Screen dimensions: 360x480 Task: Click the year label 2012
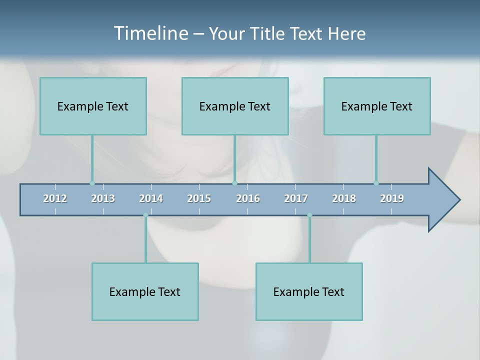click(55, 198)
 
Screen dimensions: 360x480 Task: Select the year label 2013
click(103, 198)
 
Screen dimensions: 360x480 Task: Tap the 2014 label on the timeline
click(151, 198)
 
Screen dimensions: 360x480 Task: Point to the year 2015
click(199, 198)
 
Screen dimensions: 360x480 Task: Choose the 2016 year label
click(248, 198)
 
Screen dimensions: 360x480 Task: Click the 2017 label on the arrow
click(296, 198)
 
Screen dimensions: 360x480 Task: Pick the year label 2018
click(344, 198)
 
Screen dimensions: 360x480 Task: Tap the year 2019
click(392, 198)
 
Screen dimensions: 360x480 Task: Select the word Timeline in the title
click(150, 33)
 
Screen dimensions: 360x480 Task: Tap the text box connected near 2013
click(93, 106)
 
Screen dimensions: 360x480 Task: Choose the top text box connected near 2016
click(235, 106)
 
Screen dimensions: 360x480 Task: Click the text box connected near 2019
click(377, 106)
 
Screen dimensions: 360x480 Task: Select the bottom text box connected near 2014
click(145, 291)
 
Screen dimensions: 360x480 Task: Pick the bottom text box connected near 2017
click(309, 291)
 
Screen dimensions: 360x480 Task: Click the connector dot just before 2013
click(92, 183)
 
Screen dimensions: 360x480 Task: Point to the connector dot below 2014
click(145, 215)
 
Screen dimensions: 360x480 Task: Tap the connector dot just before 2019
click(376, 183)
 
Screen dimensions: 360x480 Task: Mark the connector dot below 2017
click(309, 215)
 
